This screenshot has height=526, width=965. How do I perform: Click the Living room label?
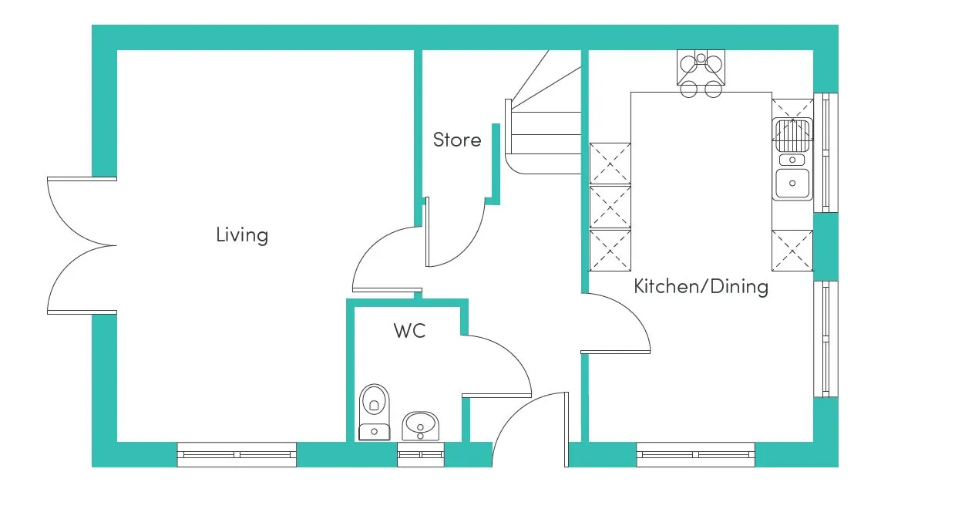click(242, 234)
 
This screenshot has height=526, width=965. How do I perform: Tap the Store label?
click(457, 140)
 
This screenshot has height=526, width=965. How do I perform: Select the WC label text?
click(409, 331)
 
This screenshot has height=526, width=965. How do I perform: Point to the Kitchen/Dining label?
click(701, 287)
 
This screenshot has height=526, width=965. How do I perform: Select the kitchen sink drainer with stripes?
click(792, 136)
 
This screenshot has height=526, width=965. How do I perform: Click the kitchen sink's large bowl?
click(792, 183)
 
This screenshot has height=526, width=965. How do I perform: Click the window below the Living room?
click(237, 454)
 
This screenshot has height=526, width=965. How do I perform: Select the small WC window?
click(421, 454)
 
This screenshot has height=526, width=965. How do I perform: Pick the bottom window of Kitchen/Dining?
click(695, 454)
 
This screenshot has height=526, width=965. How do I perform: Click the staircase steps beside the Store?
click(543, 123)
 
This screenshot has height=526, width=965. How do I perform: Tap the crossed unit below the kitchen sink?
click(792, 251)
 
